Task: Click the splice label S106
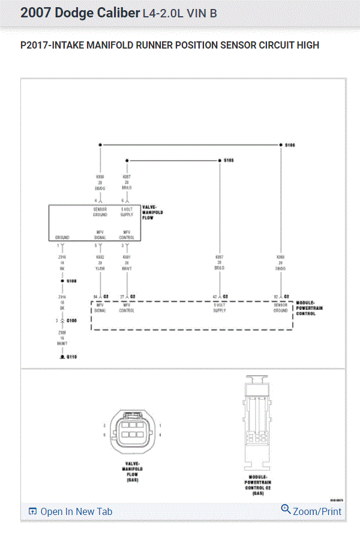pyautogui.click(x=290, y=146)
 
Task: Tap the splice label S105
pyautogui.click(x=229, y=161)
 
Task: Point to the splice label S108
pyautogui.click(x=71, y=281)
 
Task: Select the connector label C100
pyautogui.click(x=71, y=321)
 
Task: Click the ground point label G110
pyautogui.click(x=71, y=357)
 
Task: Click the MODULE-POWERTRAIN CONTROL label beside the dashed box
pyautogui.click(x=306, y=309)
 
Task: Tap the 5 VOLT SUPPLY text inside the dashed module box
pyautogui.click(x=220, y=308)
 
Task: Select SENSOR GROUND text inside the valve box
pyautogui.click(x=100, y=212)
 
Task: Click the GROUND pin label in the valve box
pyautogui.click(x=62, y=237)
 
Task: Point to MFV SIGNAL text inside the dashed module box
pyautogui.click(x=99, y=308)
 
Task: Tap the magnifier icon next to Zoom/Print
pyautogui.click(x=286, y=510)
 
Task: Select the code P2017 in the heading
pyautogui.click(x=34, y=45)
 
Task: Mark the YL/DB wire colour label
pyautogui.click(x=100, y=268)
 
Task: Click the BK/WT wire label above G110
pyautogui.click(x=62, y=343)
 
